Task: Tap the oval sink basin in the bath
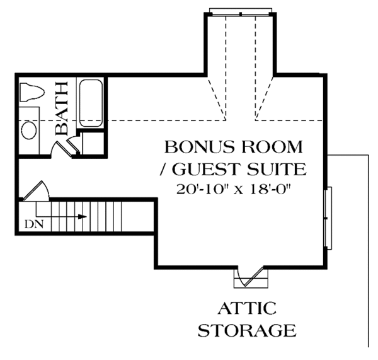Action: point(29,131)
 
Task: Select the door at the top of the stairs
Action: point(38,190)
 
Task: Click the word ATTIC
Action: point(248,308)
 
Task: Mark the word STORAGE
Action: point(248,330)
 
